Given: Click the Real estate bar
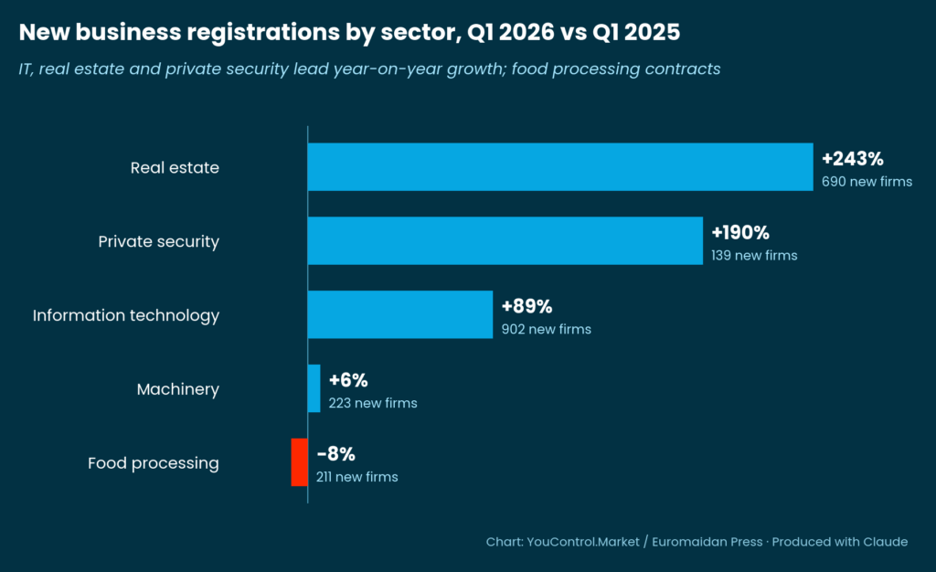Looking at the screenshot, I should click(x=559, y=167).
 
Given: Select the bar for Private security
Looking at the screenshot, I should click(x=505, y=241).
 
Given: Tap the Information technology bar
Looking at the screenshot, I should click(x=400, y=315).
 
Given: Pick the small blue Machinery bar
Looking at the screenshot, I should click(x=314, y=388).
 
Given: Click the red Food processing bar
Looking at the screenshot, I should click(x=299, y=462).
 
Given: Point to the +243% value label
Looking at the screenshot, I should click(x=853, y=158).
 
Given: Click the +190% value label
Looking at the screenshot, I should click(x=740, y=232).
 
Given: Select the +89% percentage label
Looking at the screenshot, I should click(x=526, y=306).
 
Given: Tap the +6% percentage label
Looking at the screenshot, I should click(x=348, y=380).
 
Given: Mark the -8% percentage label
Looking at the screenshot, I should click(x=335, y=454).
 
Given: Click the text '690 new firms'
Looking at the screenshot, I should click(x=867, y=182).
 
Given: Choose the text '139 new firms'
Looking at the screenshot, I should click(x=754, y=256).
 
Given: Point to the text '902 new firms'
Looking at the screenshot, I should click(x=546, y=329).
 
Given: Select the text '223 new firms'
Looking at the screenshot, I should click(x=373, y=403).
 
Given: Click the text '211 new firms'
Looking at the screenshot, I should click(x=357, y=477).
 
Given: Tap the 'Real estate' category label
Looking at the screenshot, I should click(x=175, y=168).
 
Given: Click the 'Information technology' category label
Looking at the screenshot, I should click(x=126, y=315).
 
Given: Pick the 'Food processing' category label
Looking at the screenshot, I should click(x=154, y=463).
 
